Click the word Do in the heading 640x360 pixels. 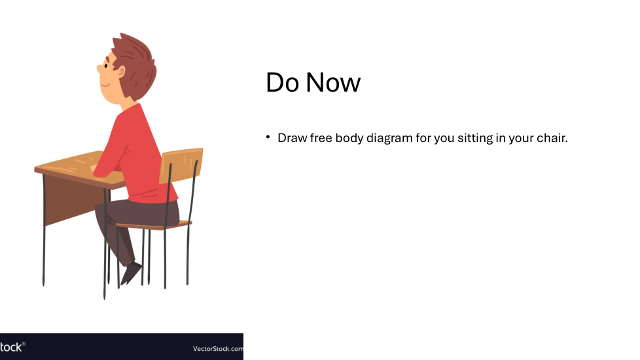(x=282, y=82)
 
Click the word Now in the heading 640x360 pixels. (x=333, y=82)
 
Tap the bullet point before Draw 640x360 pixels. (x=268, y=137)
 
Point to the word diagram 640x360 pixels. (x=389, y=138)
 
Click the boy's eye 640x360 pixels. (x=106, y=65)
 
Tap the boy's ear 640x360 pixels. (x=121, y=72)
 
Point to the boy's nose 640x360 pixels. (x=99, y=69)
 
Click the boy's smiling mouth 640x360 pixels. (x=105, y=85)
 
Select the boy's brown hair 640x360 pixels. (x=135, y=65)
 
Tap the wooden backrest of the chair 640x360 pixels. (x=181, y=166)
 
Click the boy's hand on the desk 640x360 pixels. (x=93, y=168)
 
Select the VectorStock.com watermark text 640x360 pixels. (x=218, y=349)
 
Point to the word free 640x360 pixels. (x=321, y=138)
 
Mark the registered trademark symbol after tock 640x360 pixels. (x=24, y=344)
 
